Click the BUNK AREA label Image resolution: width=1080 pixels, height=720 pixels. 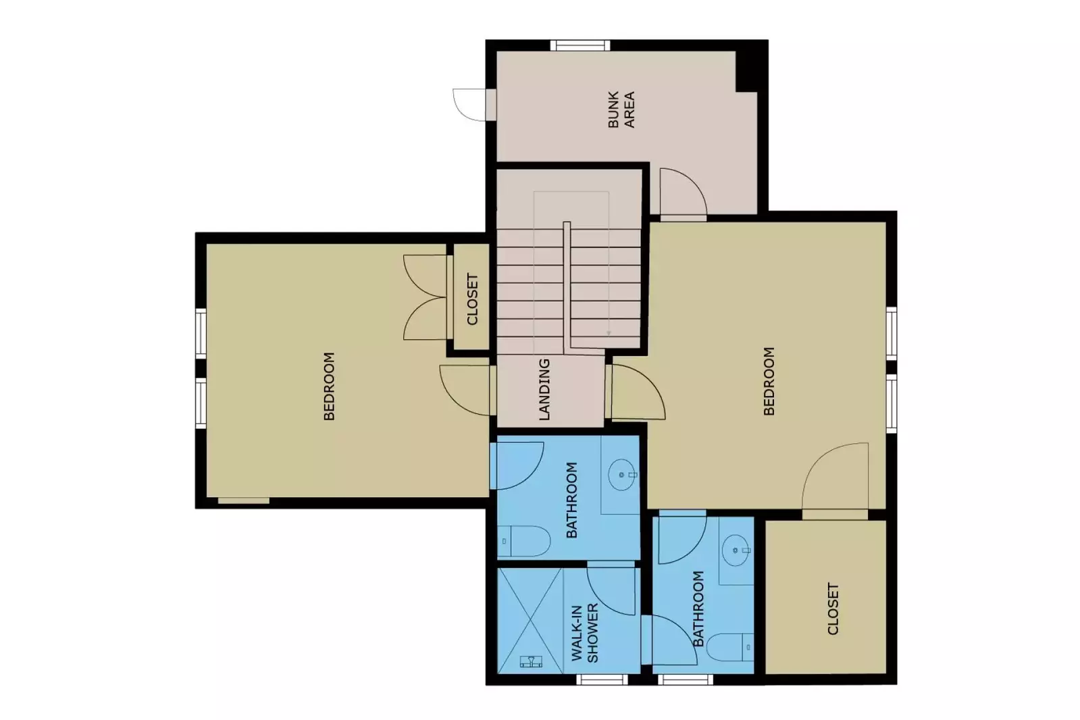click(x=621, y=110)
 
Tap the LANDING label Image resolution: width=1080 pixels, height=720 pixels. click(x=544, y=390)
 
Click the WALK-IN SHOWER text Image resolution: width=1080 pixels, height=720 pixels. click(x=585, y=633)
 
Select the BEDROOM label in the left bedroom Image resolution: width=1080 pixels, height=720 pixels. click(x=329, y=386)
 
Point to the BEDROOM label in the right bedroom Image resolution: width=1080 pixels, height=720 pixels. click(x=769, y=381)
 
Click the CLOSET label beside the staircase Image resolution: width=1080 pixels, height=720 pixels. click(x=472, y=299)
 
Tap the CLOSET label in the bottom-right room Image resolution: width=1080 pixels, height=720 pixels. click(x=833, y=609)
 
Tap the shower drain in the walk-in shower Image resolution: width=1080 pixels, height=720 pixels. click(x=532, y=661)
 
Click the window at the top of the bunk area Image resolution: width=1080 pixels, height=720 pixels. click(x=580, y=46)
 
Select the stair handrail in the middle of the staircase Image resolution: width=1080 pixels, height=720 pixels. click(x=567, y=284)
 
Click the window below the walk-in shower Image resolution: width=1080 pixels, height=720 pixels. click(x=602, y=679)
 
